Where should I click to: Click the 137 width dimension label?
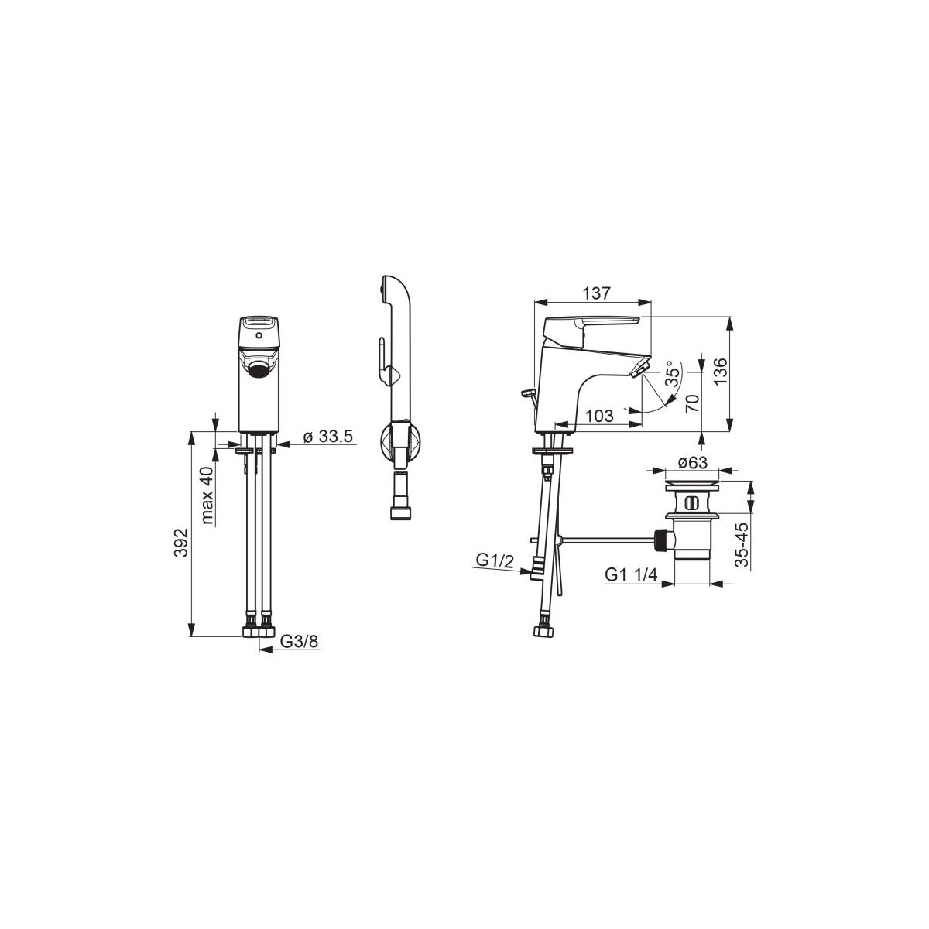[597, 293]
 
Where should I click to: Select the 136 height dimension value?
[719, 372]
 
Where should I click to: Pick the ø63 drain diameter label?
[692, 462]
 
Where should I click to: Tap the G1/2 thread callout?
[495, 560]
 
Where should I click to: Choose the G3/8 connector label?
[300, 641]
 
